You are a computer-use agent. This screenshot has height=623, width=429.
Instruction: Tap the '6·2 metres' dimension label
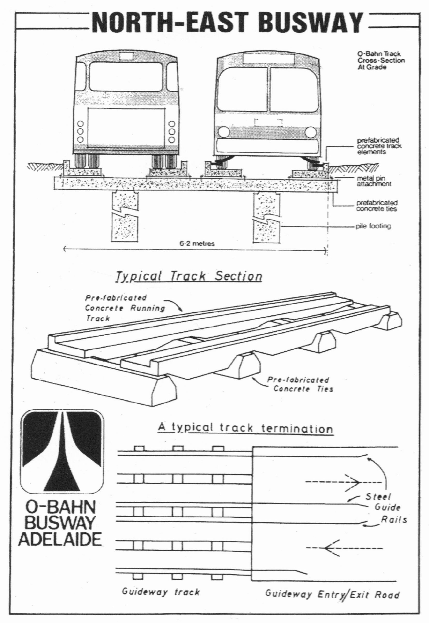(197, 244)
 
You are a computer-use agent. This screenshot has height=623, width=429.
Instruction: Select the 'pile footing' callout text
(373, 226)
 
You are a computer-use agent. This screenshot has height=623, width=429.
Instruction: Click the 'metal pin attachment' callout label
(374, 181)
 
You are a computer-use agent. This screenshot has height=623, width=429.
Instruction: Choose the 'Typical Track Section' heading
(189, 276)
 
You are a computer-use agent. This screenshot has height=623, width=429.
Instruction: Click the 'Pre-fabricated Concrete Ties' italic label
(300, 384)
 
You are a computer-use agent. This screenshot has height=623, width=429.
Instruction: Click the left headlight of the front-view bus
(224, 132)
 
